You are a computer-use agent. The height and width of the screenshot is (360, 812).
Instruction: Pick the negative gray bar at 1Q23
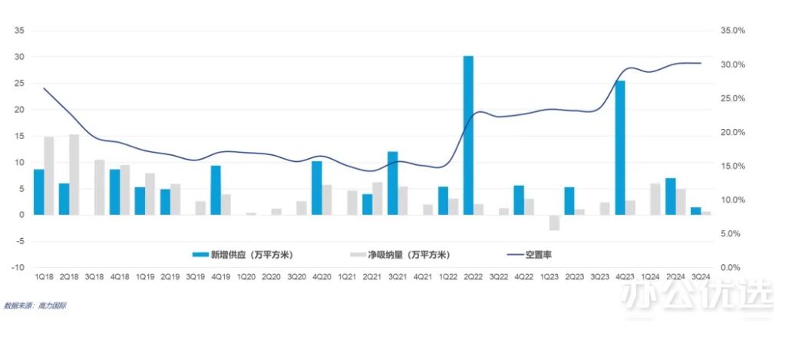click(x=554, y=222)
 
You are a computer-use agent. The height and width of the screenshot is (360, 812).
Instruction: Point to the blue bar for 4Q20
click(x=316, y=187)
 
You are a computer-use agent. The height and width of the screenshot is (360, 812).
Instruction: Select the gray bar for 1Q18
click(x=49, y=176)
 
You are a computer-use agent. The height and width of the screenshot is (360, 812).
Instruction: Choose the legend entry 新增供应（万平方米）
click(x=243, y=254)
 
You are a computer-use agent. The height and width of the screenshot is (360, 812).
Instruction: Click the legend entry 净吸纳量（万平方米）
click(x=400, y=254)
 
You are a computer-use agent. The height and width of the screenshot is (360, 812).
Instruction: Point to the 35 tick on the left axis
click(x=21, y=31)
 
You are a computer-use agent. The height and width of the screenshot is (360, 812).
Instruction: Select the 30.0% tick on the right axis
click(x=733, y=64)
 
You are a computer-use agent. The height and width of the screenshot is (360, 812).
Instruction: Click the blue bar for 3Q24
click(x=695, y=210)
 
